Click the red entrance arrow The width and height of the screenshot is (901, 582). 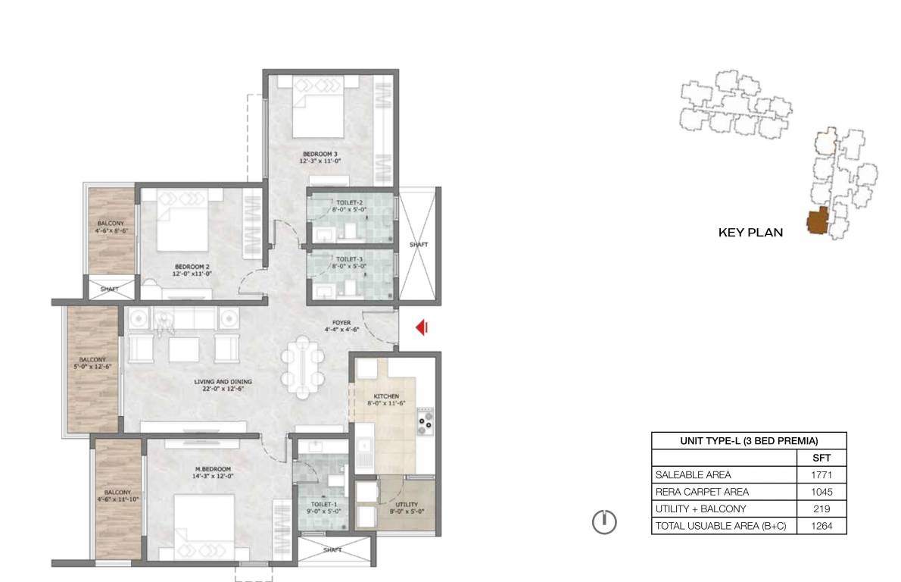click(422, 328)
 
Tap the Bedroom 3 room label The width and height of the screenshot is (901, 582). click(320, 158)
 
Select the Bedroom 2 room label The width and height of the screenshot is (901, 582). click(192, 271)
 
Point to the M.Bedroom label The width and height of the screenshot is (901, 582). click(213, 473)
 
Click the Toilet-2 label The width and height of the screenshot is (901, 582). click(349, 206)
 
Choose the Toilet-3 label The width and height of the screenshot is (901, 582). click(349, 263)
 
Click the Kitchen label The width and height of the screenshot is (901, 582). click(386, 399)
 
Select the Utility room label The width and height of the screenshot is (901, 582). click(407, 508)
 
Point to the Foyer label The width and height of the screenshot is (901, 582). click(341, 326)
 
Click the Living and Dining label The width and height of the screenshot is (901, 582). click(223, 385)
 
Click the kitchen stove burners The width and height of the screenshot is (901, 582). click(426, 423)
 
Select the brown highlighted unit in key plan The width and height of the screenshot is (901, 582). click(818, 221)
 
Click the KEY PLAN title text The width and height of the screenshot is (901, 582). click(750, 233)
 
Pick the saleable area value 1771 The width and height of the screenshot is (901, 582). click(821, 475)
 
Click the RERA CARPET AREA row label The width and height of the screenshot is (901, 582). click(702, 492)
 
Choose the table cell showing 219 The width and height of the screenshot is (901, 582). click(821, 509)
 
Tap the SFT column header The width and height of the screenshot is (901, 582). click(821, 458)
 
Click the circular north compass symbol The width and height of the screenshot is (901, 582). click(604, 522)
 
